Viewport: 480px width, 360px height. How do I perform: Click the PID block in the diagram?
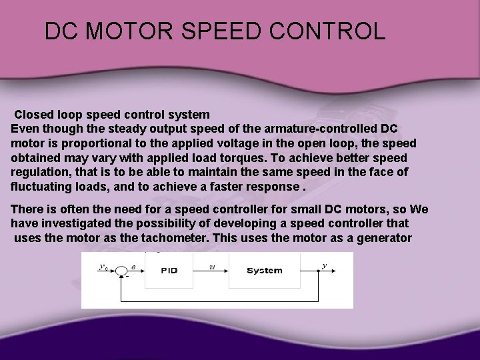coord(169,271)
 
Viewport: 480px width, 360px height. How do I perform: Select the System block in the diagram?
coord(265,271)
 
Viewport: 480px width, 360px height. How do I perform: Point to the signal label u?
coord(211,265)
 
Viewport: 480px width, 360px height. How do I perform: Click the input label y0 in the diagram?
coord(103,266)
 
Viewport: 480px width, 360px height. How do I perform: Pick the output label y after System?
coord(324,265)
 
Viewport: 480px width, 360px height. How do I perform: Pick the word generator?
coord(382,238)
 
